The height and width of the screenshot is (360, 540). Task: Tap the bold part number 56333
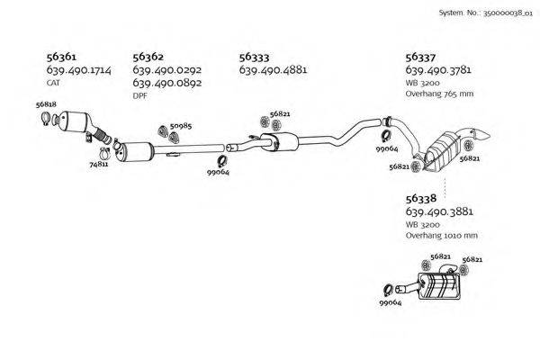tap(254, 56)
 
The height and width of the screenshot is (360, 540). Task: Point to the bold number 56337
tap(420, 56)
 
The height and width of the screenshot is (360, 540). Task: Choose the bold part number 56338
tap(420, 198)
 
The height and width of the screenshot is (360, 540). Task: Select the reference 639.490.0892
tap(166, 83)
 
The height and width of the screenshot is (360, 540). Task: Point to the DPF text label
tap(139, 95)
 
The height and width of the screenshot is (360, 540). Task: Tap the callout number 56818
tap(46, 105)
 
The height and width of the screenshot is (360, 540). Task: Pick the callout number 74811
tap(99, 165)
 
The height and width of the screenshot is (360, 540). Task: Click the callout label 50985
tap(181, 126)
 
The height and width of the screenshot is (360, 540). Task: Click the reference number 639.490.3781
tap(438, 69)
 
